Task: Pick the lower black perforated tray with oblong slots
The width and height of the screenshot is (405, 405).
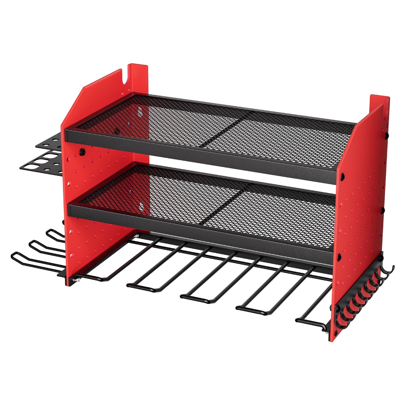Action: click(x=40, y=165)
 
